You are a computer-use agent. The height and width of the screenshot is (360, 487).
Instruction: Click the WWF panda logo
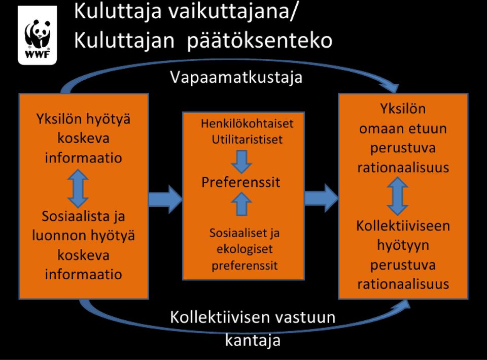tap(37, 35)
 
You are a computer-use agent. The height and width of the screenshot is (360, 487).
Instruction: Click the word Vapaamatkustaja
tap(236, 77)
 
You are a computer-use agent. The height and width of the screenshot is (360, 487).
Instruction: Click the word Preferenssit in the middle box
tap(240, 182)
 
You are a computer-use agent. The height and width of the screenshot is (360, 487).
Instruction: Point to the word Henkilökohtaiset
tap(247, 124)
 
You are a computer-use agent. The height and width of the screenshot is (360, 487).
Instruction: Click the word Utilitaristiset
tap(247, 140)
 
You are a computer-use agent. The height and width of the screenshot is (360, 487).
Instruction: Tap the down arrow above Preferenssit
tap(241, 161)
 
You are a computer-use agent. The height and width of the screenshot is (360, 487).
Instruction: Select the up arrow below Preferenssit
tap(241, 204)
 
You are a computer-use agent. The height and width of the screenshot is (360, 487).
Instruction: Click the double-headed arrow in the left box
tap(78, 188)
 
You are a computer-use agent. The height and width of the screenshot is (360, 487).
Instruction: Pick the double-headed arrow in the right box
tap(398, 196)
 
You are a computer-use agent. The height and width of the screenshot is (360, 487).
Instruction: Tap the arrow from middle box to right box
tap(321, 198)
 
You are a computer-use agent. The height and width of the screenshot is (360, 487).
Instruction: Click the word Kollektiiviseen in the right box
tap(403, 226)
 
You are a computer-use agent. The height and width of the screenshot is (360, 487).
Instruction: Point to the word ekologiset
tap(245, 249)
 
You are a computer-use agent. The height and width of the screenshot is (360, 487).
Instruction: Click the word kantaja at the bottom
tap(253, 340)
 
